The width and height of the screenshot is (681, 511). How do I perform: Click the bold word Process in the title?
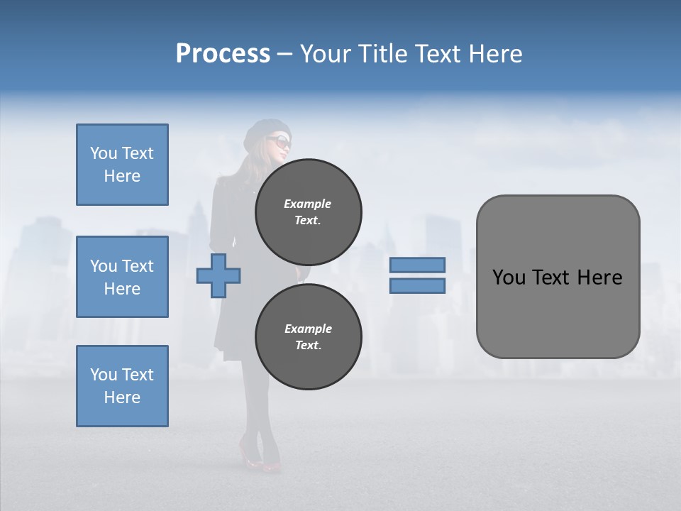point(223,54)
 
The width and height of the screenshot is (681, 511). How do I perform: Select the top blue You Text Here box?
point(122,165)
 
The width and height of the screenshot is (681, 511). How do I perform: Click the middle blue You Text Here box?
point(122,277)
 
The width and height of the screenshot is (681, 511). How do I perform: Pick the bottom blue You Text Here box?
point(122,386)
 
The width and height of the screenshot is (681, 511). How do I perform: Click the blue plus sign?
point(218,275)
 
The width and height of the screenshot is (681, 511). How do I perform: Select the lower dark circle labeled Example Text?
point(308,336)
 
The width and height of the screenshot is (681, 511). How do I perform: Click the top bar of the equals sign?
point(417,265)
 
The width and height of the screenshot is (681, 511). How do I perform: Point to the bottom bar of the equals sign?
point(417,286)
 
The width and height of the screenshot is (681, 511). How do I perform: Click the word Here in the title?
point(496,54)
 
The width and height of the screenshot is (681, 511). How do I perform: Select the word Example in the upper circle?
point(308,204)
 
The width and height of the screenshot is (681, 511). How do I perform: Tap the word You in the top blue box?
point(104,153)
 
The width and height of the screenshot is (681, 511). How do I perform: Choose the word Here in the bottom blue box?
point(122,397)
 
